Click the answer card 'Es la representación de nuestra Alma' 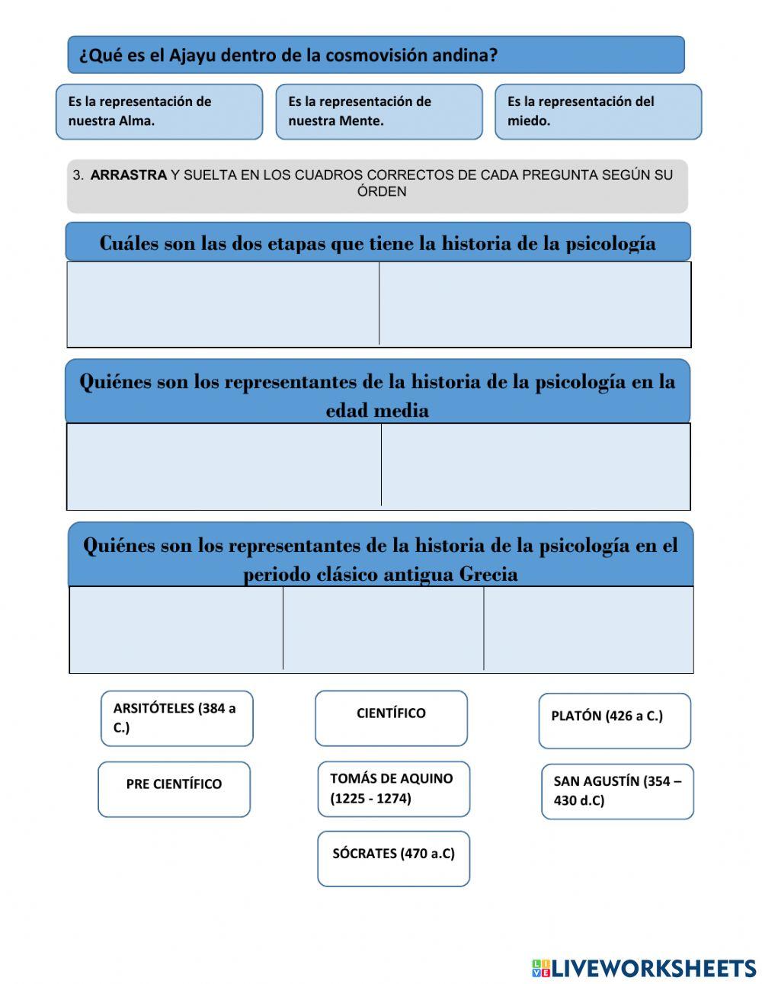[x=158, y=111]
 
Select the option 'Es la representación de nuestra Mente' [x=379, y=111]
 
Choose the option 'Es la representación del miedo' [x=598, y=111]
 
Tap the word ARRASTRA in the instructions [x=128, y=175]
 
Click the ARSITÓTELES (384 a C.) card [x=177, y=718]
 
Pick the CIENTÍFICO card [x=391, y=718]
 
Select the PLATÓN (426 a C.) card [x=614, y=720]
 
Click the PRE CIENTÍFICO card [x=174, y=789]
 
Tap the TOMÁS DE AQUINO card [x=393, y=789]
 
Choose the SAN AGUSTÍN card [x=617, y=791]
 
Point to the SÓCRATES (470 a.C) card [x=393, y=858]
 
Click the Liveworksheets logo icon [x=541, y=968]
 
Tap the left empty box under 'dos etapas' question [x=223, y=303]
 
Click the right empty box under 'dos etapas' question [x=535, y=303]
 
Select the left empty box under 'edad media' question [x=224, y=465]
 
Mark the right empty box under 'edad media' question [x=536, y=465]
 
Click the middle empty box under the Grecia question [x=383, y=628]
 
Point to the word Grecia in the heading [x=488, y=574]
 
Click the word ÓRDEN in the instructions [x=382, y=192]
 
